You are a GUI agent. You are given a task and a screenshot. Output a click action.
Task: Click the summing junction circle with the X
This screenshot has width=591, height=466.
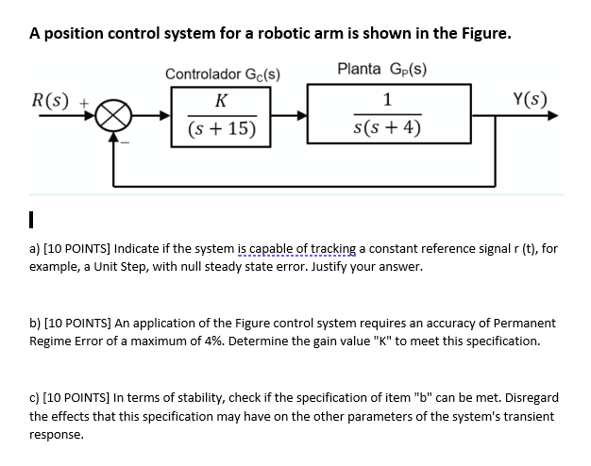tap(114, 117)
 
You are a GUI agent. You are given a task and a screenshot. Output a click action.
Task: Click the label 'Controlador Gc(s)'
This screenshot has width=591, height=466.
tap(222, 74)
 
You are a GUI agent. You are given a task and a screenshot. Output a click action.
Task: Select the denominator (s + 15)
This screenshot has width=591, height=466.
tap(221, 129)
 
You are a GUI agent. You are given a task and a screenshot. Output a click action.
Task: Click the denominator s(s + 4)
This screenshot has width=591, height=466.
tap(388, 129)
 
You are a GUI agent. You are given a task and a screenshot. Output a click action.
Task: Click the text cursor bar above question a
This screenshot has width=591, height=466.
tap(32, 222)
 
